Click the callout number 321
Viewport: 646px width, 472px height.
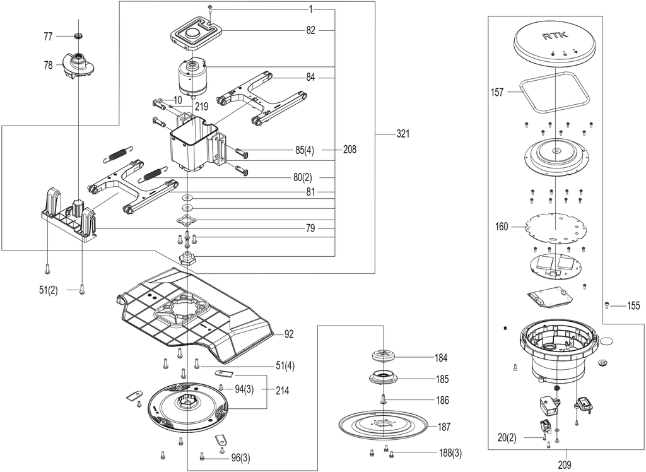(403, 134)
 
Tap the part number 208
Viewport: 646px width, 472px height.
(349, 149)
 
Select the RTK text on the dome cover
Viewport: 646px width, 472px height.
(555, 36)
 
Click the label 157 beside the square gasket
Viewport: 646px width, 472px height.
(497, 92)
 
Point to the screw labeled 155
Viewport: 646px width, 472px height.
(606, 305)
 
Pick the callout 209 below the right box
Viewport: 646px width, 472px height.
(565, 464)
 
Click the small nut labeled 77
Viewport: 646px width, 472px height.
(77, 36)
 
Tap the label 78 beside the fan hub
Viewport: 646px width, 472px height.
(48, 65)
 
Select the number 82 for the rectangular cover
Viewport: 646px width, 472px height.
(310, 30)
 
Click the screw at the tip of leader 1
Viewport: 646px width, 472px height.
(210, 8)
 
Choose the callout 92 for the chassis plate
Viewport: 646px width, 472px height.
(289, 334)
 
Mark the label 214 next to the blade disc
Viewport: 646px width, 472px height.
(282, 390)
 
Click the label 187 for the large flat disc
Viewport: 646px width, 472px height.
(443, 427)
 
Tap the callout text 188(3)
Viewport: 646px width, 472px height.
(450, 454)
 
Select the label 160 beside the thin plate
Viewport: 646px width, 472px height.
(502, 227)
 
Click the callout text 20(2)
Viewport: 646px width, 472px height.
(507, 438)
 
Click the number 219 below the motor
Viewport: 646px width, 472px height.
(201, 107)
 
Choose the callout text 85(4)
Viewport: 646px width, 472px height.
(305, 150)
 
